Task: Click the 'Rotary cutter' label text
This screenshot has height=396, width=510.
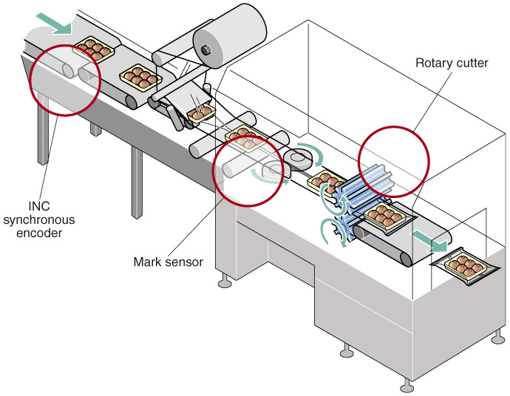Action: (x=452, y=63)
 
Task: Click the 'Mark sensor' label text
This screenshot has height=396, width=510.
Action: (x=168, y=262)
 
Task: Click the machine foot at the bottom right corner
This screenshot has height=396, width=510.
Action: (x=406, y=386)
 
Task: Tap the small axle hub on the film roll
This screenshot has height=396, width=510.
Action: (x=207, y=48)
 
